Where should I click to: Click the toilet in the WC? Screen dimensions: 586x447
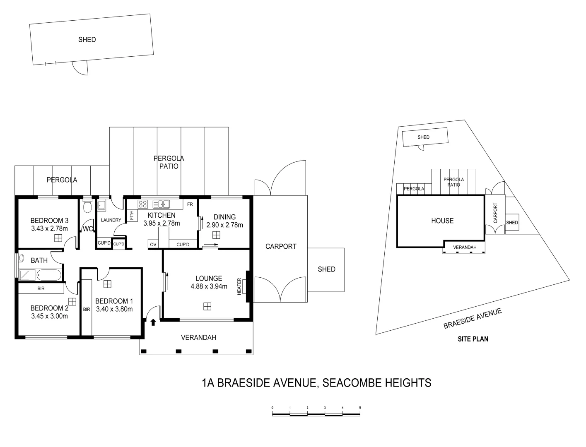pos(87,206)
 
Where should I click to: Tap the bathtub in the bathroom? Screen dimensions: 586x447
pos(49,275)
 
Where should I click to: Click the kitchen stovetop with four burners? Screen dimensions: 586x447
pos(142,204)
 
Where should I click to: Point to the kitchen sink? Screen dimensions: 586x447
pos(161,204)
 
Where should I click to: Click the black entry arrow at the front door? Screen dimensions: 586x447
pos(153,322)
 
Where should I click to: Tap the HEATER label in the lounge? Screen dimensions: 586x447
pos(239,286)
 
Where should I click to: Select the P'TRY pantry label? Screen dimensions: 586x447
pos(132,216)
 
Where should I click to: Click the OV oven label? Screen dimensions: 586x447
pos(153,245)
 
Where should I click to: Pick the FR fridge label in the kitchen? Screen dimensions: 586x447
pos(190,204)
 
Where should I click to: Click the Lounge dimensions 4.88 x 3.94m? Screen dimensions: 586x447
pos(209,286)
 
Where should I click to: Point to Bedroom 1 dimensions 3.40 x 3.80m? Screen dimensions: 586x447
pos(114,309)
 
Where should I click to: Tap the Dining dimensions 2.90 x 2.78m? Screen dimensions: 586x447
pos(224,225)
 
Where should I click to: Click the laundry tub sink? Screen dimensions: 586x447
pos(101,205)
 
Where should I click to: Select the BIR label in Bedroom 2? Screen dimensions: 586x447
pos(41,288)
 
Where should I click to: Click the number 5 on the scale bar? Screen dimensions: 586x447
pos(360,408)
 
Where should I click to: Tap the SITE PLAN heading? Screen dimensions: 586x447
pos(473,339)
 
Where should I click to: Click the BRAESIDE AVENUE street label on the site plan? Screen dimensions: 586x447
pos(473,318)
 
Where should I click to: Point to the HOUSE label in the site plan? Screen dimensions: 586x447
pos(442,221)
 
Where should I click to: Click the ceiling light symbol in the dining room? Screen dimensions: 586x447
pos(216,235)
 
